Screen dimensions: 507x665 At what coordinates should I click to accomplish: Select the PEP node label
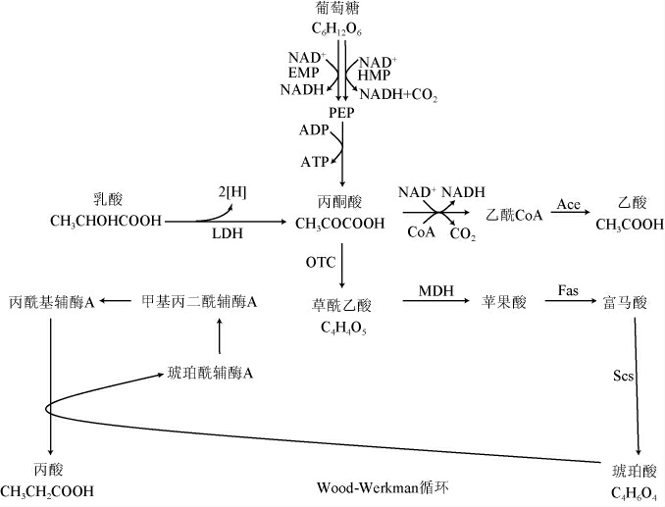pyautogui.click(x=341, y=114)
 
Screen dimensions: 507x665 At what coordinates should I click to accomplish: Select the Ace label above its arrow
pyautogui.click(x=569, y=205)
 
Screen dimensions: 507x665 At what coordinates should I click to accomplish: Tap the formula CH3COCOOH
pyautogui.click(x=340, y=223)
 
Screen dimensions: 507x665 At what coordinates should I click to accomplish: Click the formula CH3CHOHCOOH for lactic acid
pyautogui.click(x=105, y=223)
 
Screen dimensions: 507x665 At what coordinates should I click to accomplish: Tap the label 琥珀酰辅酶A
pyautogui.click(x=211, y=373)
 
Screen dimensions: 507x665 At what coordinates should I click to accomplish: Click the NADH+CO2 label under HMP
pyautogui.click(x=398, y=95)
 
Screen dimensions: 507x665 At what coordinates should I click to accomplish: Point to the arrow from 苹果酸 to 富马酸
pyautogui.click(x=567, y=303)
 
